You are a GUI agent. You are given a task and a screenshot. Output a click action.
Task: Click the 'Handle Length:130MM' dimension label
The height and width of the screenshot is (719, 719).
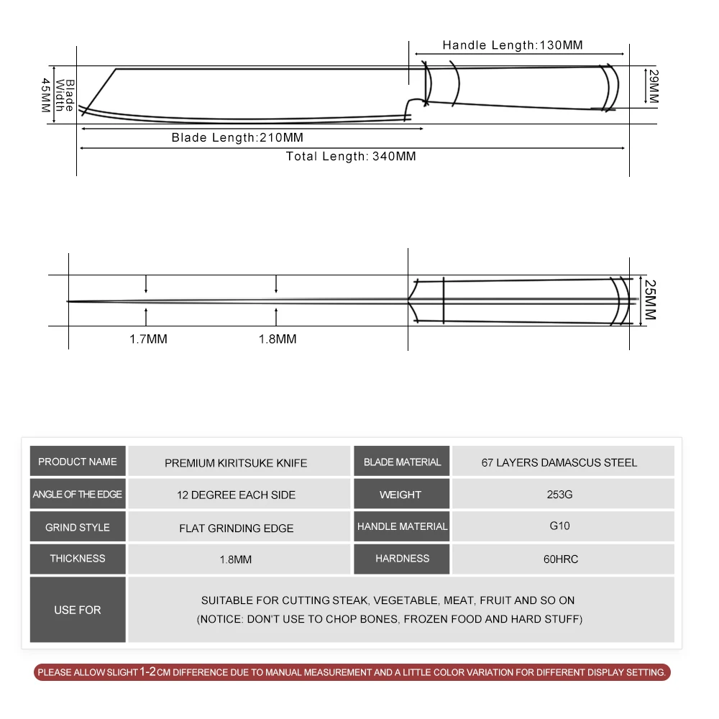coord(513,45)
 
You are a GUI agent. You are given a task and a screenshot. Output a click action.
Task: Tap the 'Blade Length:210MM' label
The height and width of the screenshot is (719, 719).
coord(237,137)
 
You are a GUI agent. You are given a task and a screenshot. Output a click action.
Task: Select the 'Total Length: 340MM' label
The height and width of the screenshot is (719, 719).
coord(351,156)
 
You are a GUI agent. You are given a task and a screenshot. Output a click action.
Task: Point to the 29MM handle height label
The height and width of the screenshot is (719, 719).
coord(651,86)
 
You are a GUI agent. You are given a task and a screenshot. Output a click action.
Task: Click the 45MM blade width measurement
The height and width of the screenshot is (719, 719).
coord(46,95)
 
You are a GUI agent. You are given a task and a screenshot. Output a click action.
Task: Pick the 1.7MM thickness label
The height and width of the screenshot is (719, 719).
coord(148,339)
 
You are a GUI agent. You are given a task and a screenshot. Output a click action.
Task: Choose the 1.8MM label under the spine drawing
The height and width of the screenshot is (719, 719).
coord(278,339)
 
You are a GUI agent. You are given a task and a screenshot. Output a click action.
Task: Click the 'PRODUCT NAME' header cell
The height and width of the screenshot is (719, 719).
coord(78,462)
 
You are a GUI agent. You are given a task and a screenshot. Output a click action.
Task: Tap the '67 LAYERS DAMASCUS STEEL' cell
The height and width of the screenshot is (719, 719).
coord(559,462)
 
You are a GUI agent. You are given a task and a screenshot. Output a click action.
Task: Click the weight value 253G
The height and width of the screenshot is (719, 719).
coord(559,495)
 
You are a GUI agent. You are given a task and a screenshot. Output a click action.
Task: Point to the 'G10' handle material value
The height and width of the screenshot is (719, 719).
coord(559,526)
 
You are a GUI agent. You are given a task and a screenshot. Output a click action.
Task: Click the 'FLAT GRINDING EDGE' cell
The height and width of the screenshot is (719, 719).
coord(237,528)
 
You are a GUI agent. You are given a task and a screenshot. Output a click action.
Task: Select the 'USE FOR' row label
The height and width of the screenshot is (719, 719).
coord(78,610)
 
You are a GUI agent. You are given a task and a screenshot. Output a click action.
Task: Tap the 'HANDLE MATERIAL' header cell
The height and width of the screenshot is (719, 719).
coord(402,526)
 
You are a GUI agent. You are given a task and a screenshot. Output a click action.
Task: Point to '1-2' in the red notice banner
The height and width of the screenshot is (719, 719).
coord(147,672)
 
